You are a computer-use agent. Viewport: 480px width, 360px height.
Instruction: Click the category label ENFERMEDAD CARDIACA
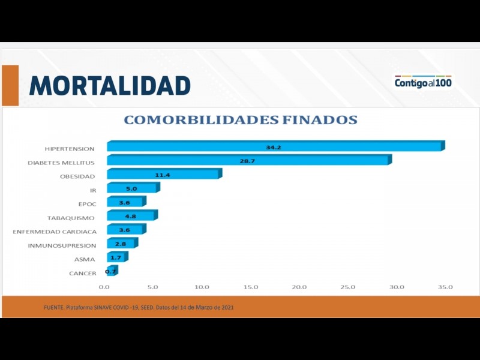(55, 232)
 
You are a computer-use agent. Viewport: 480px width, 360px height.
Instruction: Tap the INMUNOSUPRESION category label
(62, 245)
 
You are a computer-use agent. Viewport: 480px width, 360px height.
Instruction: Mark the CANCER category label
(83, 274)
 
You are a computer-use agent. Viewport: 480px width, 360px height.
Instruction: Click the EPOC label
(87, 204)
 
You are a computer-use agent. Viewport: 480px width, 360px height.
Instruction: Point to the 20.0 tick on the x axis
(299, 287)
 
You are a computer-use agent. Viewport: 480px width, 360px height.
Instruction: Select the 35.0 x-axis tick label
(445, 287)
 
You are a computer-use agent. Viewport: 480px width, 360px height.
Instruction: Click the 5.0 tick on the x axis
(152, 287)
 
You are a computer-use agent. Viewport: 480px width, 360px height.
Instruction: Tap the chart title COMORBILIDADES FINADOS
(240, 120)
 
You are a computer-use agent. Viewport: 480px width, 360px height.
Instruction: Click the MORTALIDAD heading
(110, 86)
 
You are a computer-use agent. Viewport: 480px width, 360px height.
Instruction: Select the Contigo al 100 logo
(423, 83)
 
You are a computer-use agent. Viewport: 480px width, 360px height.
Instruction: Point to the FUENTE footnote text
(139, 307)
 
